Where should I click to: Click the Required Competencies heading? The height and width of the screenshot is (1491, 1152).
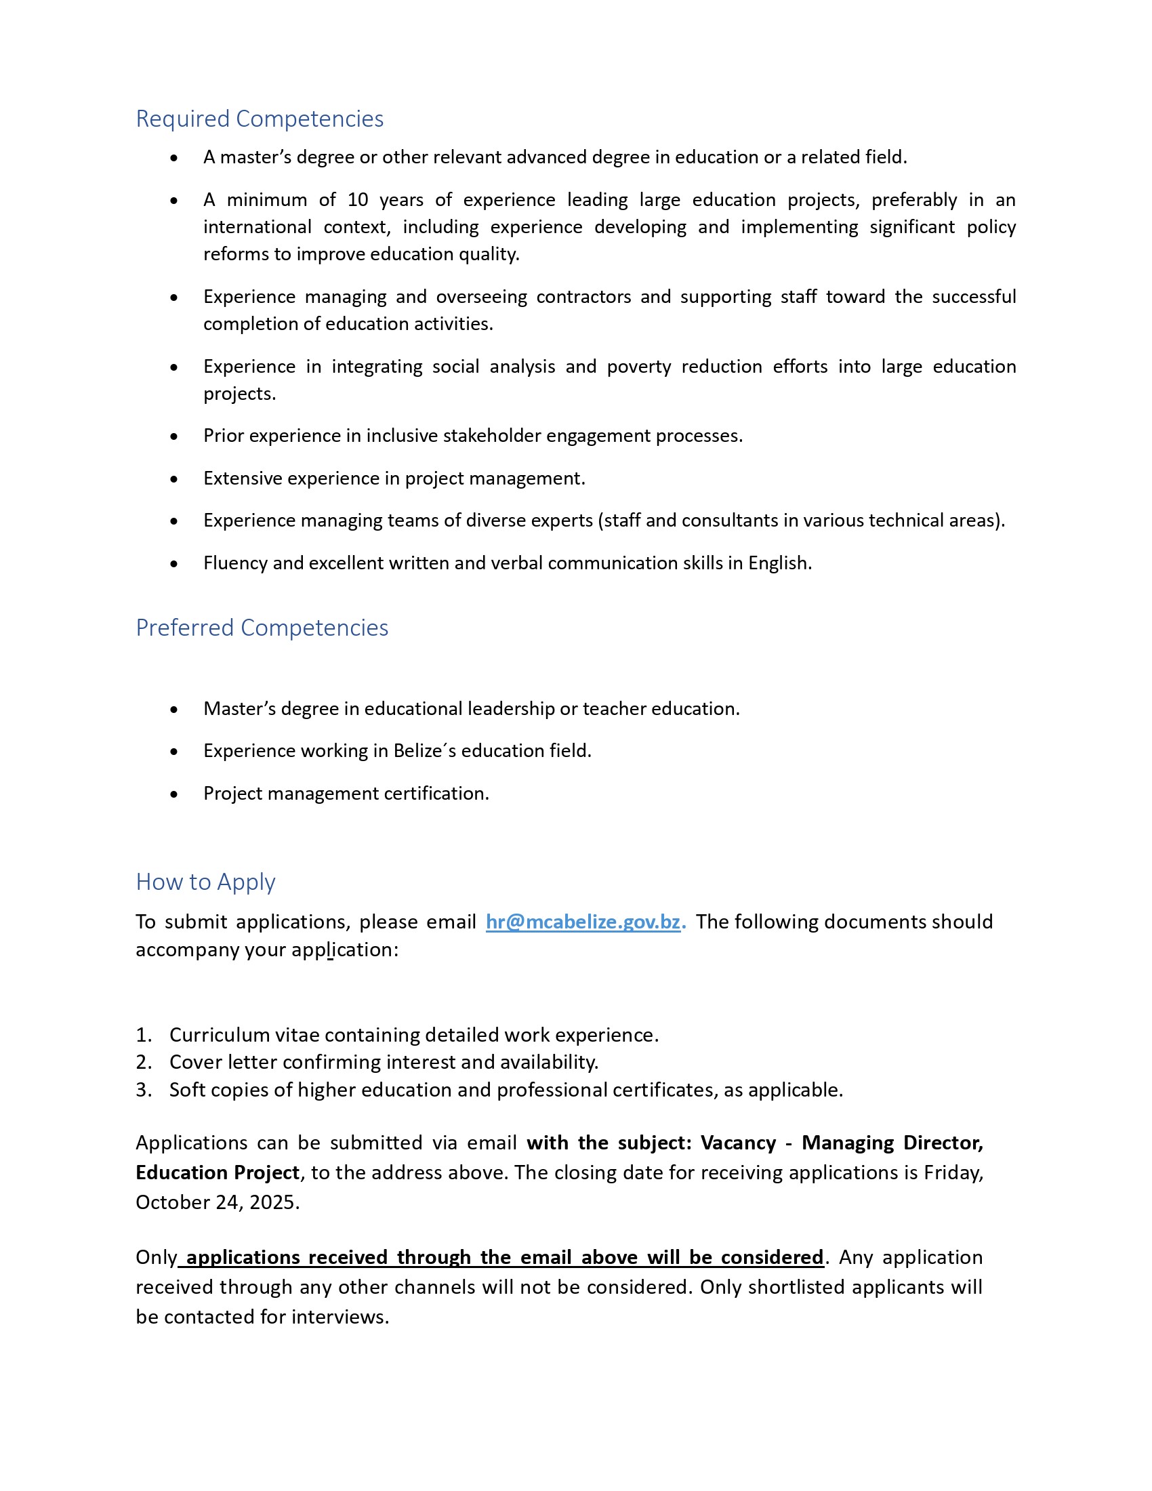click(260, 119)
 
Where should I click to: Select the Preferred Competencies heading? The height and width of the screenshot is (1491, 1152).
click(262, 628)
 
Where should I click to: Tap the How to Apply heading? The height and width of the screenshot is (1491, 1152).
click(205, 881)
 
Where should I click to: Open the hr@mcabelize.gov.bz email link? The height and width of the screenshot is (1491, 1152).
click(583, 922)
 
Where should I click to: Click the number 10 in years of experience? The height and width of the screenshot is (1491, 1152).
click(358, 200)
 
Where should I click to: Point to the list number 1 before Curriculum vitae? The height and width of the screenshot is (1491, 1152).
click(142, 1035)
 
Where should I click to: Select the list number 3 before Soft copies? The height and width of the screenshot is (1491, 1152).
click(142, 1090)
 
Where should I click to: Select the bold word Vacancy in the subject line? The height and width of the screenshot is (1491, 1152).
click(739, 1143)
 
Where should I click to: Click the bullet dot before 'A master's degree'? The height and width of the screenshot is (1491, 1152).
click(174, 159)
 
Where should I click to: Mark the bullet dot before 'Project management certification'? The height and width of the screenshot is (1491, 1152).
click(174, 795)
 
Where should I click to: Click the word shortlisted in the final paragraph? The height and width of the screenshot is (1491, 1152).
click(794, 1287)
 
